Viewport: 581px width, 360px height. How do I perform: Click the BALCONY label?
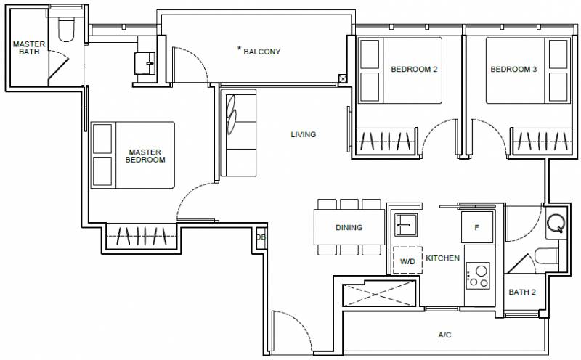tap(261, 52)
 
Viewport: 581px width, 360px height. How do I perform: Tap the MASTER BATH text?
tap(29, 48)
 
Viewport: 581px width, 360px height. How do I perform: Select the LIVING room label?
tap(303, 134)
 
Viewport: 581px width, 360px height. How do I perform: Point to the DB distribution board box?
tap(261, 237)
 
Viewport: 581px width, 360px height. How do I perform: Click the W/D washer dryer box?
tap(407, 261)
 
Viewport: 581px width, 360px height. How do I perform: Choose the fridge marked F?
tap(477, 227)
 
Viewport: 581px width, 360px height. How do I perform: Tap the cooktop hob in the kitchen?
tap(478, 276)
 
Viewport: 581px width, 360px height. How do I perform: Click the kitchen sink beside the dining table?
tap(406, 224)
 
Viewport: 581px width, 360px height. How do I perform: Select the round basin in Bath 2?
tap(556, 224)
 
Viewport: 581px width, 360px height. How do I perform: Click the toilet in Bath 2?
tap(546, 256)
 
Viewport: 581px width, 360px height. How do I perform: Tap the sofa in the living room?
tap(238, 133)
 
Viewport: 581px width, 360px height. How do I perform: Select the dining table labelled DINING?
tap(349, 227)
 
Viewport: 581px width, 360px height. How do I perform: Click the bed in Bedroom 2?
tap(400, 70)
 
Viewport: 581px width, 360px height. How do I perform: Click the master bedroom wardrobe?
tap(141, 236)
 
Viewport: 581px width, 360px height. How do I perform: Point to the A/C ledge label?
tap(444, 335)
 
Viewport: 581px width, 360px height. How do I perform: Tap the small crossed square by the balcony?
tap(343, 78)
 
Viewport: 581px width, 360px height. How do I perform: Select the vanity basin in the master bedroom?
tap(145, 63)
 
